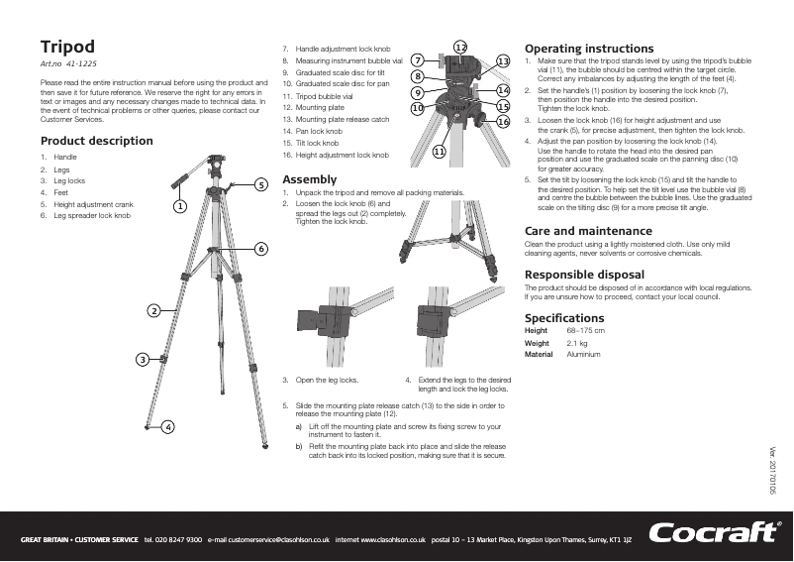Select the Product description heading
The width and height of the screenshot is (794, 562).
tap(96, 141)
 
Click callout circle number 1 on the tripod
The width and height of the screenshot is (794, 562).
tap(179, 207)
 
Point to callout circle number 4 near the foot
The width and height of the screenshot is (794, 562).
tap(168, 426)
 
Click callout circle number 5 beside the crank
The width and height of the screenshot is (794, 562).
tap(260, 184)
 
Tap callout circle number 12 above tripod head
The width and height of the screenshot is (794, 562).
tap(460, 48)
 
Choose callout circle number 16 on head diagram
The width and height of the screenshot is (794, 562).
tap(503, 121)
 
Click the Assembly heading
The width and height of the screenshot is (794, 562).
tap(309, 179)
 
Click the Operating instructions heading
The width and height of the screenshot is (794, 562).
tap(588, 49)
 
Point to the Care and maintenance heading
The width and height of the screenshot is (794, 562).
tap(587, 231)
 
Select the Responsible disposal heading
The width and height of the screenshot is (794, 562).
tap(583, 274)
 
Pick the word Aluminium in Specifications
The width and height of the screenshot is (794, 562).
tap(583, 355)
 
